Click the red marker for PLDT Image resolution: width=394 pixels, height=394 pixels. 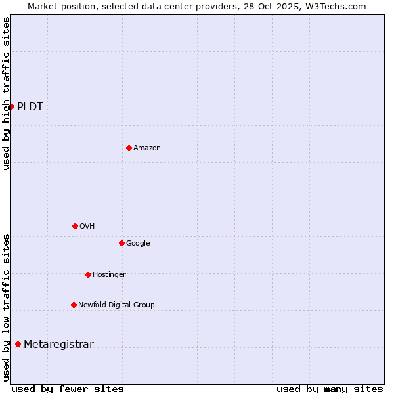(11, 106)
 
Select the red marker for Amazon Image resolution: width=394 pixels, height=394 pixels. (129, 148)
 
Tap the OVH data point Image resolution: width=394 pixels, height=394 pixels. (75, 226)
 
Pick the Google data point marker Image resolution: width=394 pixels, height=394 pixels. (121, 243)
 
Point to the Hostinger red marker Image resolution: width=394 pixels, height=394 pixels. (88, 274)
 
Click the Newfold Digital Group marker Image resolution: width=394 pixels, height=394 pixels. (74, 305)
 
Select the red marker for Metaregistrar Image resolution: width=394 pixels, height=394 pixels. (18, 344)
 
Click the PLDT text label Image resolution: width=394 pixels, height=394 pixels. (30, 107)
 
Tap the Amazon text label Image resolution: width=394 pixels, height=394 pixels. (147, 148)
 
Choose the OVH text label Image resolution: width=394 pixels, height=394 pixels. (87, 227)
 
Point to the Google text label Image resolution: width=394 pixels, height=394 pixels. (138, 244)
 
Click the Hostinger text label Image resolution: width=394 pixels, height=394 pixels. (109, 275)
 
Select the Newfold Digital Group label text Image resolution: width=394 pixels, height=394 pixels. (116, 305)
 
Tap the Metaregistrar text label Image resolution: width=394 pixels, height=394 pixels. (58, 345)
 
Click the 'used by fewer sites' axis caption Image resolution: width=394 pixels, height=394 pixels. (68, 389)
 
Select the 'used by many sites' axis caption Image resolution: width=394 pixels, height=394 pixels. (330, 389)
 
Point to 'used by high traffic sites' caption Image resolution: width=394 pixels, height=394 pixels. (6, 93)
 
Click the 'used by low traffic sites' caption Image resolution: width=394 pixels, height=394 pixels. (6, 307)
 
